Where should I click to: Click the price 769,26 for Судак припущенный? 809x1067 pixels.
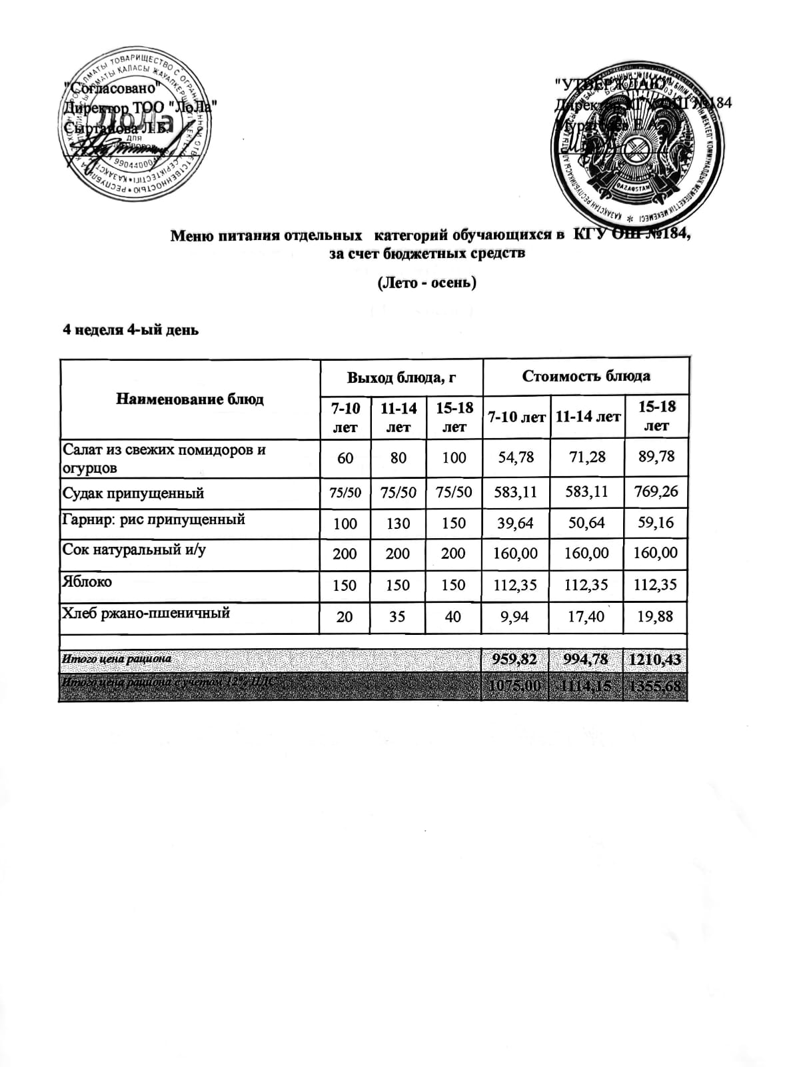click(656, 491)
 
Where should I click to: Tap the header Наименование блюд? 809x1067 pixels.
click(190, 399)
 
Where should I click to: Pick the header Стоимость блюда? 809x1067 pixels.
click(586, 376)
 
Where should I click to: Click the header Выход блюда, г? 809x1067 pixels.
click(401, 377)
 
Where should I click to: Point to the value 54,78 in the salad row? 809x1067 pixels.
click(515, 457)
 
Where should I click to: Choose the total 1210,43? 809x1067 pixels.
click(656, 660)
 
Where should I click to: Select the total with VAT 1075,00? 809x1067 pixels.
click(515, 686)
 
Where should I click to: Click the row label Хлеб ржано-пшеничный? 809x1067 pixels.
click(145, 613)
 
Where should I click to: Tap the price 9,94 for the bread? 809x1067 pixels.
click(514, 617)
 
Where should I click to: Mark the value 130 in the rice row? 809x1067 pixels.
click(398, 523)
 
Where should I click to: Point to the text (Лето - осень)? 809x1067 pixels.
click(427, 283)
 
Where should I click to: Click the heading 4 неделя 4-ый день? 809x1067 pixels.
click(131, 329)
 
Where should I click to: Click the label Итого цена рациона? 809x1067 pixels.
click(117, 659)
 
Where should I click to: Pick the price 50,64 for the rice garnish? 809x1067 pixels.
click(586, 523)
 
